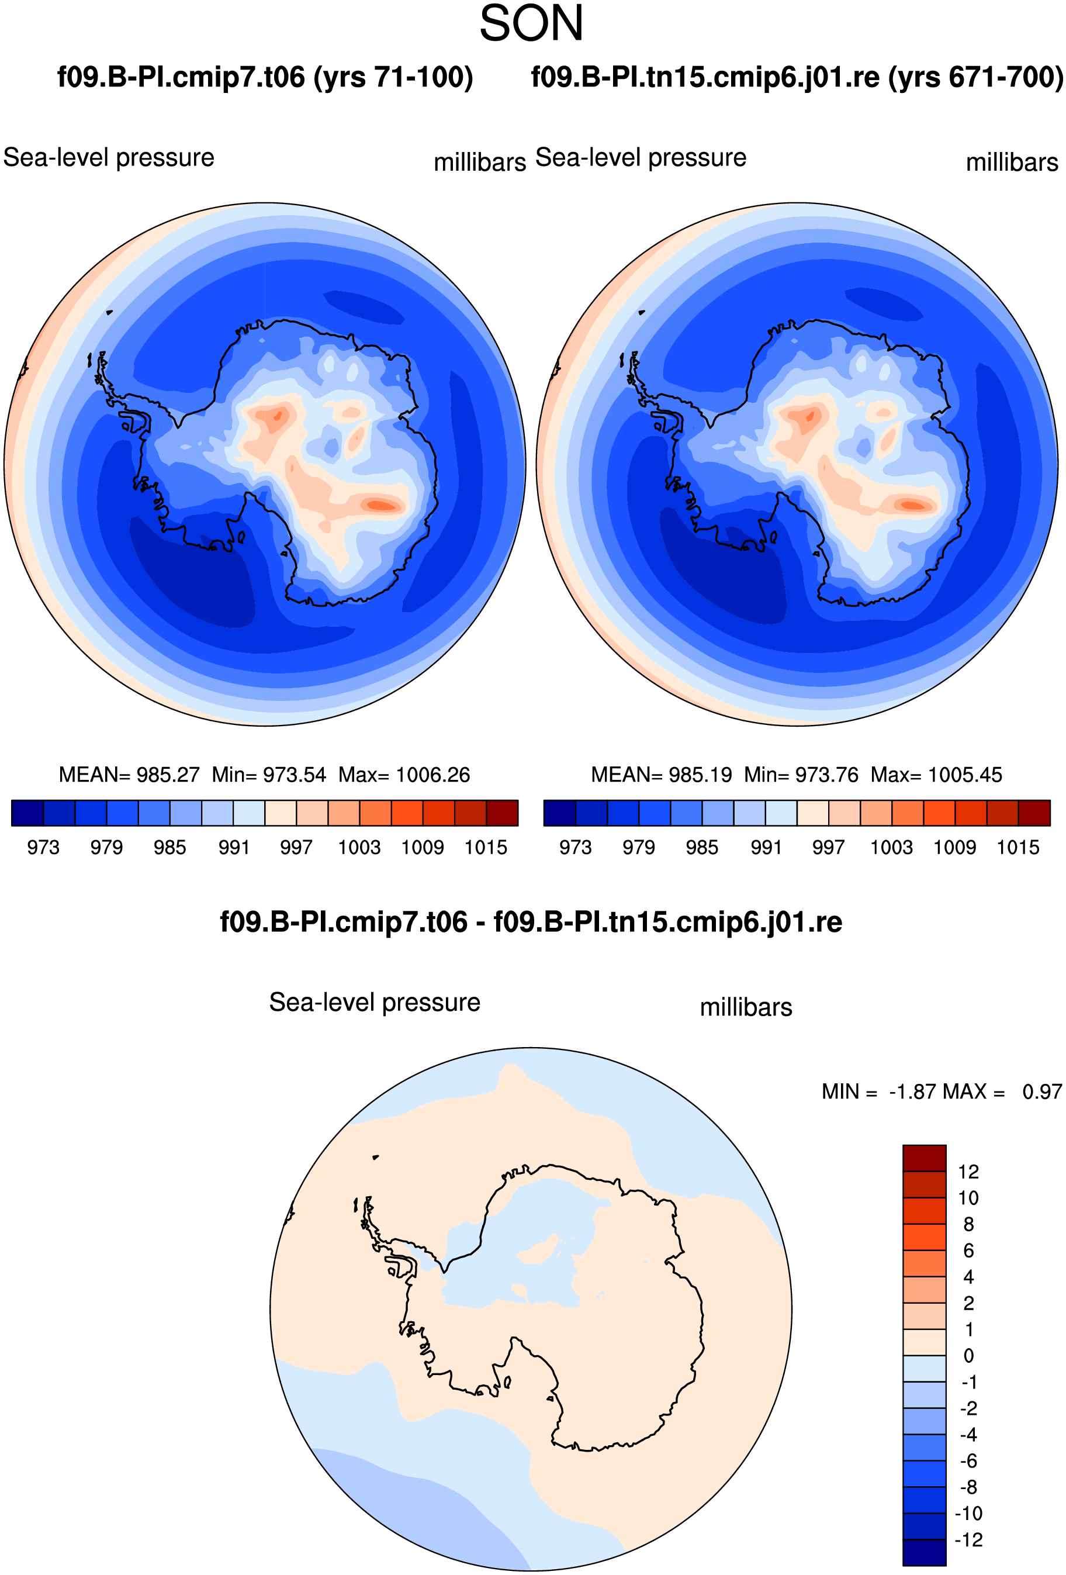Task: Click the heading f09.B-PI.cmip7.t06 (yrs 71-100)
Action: (265, 77)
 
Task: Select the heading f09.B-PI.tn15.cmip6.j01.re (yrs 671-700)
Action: (797, 77)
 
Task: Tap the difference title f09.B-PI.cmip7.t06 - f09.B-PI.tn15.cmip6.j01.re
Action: (531, 923)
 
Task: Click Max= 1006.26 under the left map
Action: (404, 775)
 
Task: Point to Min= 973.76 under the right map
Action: (801, 775)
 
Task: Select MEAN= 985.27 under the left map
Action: (129, 775)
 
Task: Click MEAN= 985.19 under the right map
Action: (662, 775)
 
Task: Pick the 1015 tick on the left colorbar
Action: (486, 847)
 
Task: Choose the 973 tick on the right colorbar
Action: (575, 847)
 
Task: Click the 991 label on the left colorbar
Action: (234, 847)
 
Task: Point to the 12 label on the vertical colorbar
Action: (968, 1172)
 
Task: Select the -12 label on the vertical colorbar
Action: (968, 1540)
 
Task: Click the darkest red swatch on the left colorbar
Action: (502, 813)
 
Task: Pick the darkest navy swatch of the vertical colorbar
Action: (925, 1553)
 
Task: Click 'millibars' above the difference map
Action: (746, 1007)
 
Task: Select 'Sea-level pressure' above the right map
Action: (641, 158)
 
